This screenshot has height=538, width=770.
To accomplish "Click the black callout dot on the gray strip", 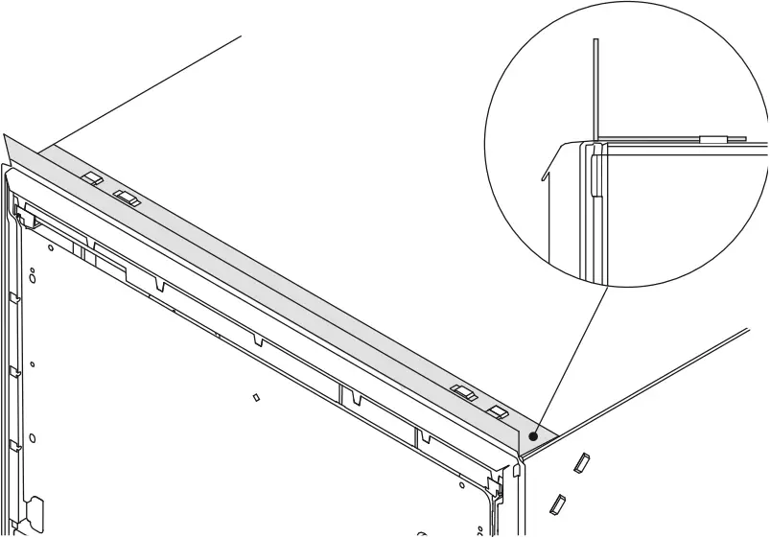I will [x=532, y=434].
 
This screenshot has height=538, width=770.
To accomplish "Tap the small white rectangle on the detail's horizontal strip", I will [x=713, y=140].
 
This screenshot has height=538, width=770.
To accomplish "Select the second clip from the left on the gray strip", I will [x=126, y=199].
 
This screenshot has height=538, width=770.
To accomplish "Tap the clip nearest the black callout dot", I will [x=498, y=412].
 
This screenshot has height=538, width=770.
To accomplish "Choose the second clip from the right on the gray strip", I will [x=464, y=392].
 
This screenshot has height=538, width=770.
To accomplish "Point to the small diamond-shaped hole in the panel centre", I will [x=256, y=396].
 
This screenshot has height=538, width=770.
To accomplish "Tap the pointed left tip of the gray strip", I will [x=6, y=137].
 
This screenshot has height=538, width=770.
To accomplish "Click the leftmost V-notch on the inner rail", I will [x=159, y=285].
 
